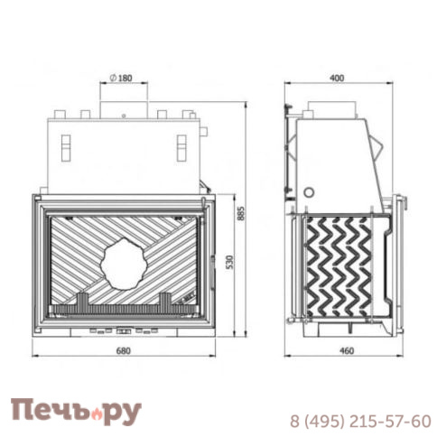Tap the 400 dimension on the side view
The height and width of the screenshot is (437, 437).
[338, 79]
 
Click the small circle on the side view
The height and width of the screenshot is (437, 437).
[310, 192]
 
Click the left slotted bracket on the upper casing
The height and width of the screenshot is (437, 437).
[68, 147]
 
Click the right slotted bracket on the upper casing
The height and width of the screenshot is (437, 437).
[180, 147]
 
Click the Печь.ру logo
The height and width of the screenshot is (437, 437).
[76, 412]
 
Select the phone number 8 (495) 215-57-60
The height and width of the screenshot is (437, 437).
[360, 421]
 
